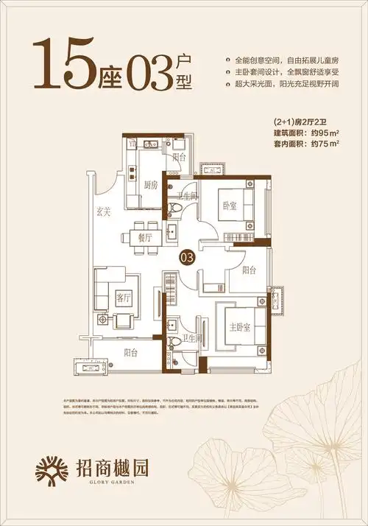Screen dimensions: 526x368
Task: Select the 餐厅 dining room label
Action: tap(145, 238)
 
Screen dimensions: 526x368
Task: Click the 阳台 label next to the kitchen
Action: tap(178, 157)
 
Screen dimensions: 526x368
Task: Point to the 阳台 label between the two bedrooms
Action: tap(250, 270)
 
